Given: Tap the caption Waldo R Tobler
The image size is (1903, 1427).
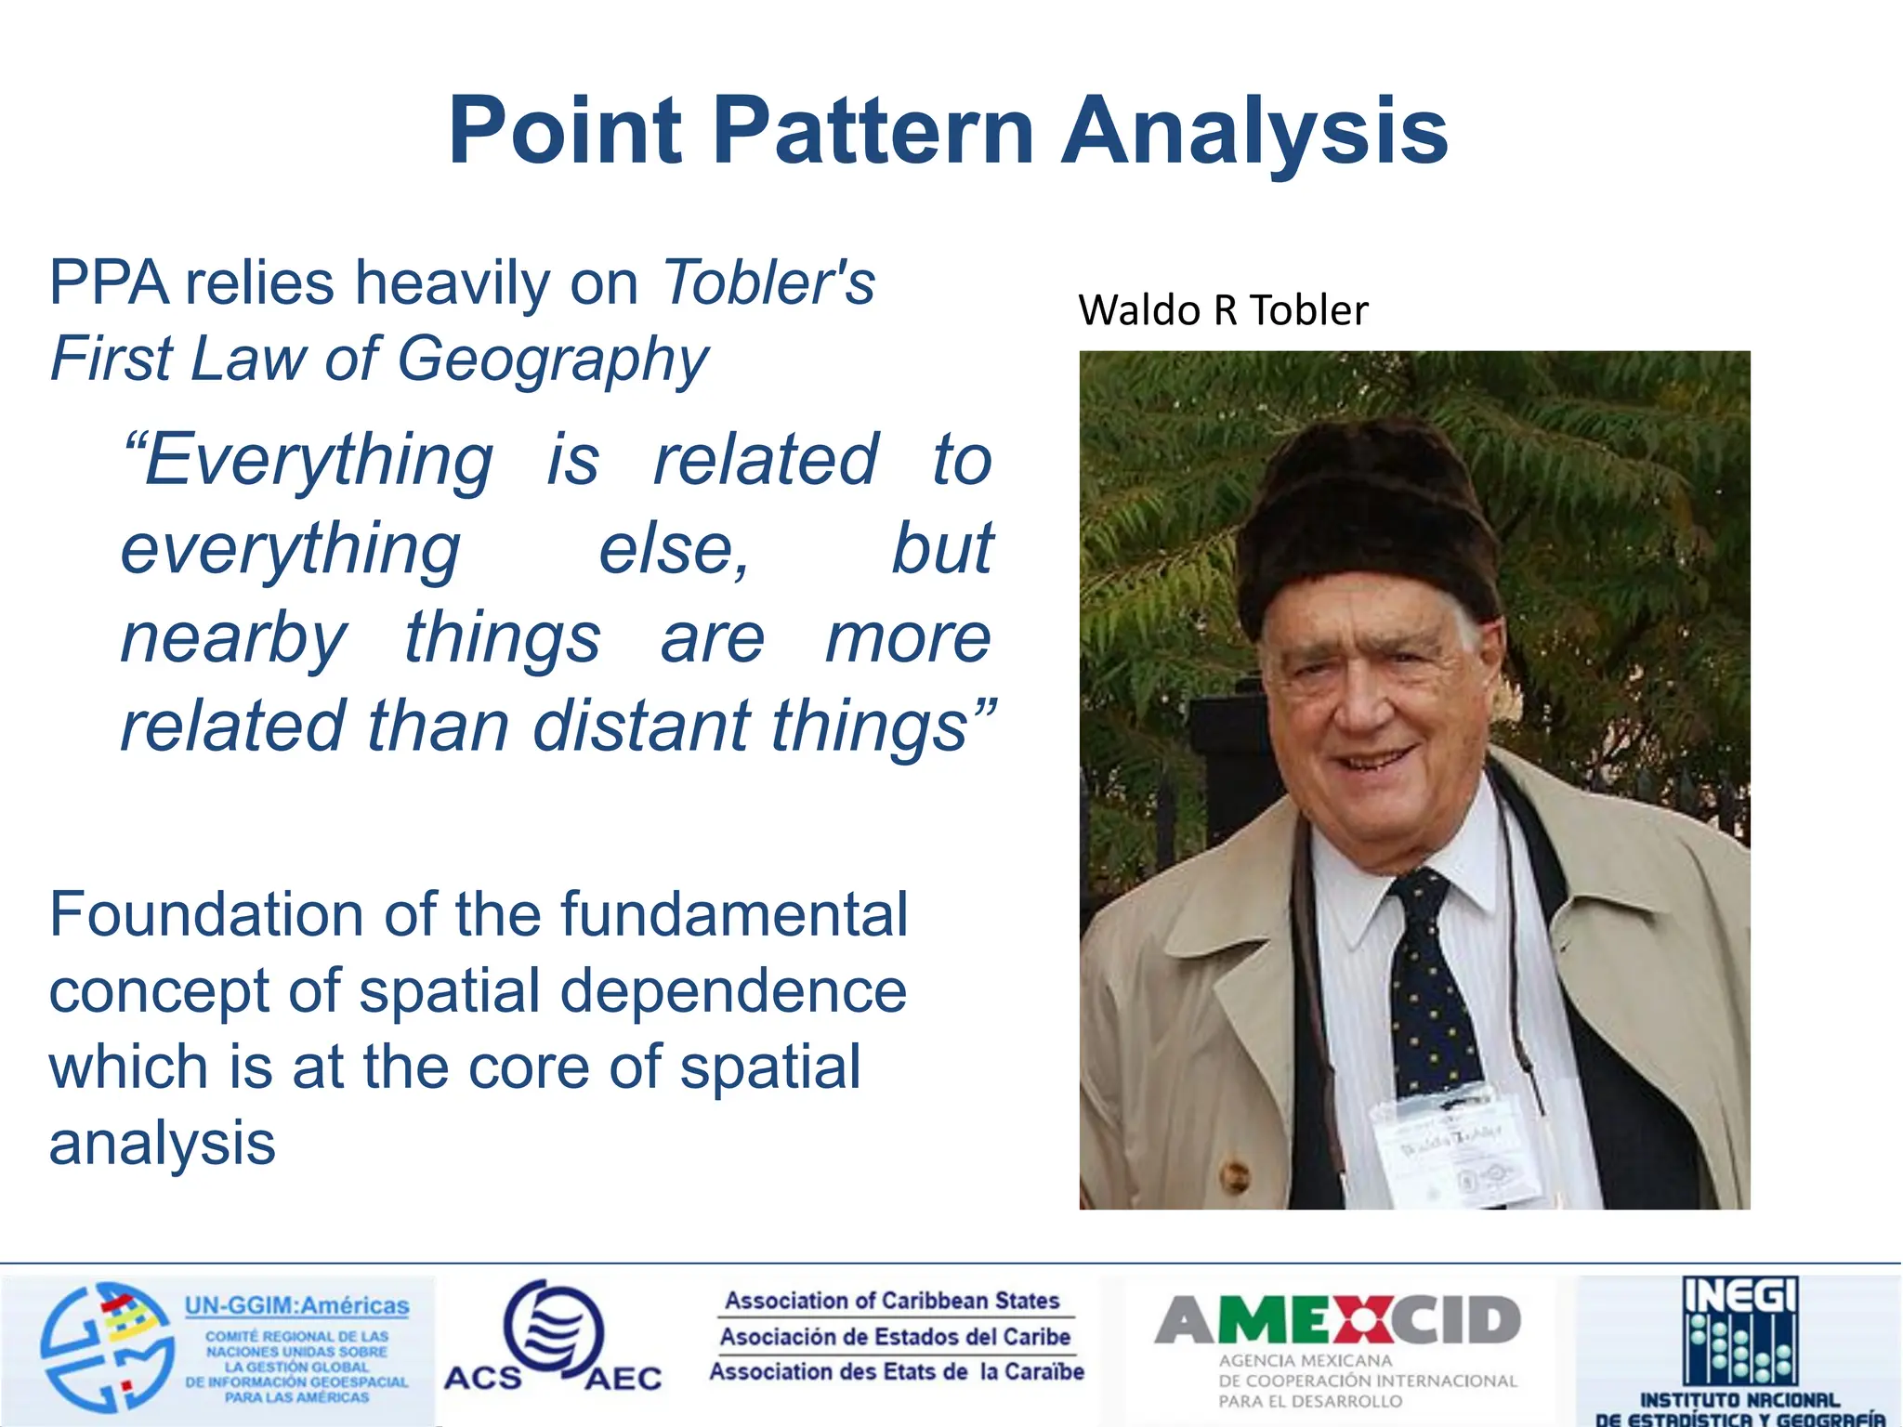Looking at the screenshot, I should point(1223,310).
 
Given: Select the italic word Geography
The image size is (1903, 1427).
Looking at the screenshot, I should point(554,360).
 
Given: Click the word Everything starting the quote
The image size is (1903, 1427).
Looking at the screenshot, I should point(310,460).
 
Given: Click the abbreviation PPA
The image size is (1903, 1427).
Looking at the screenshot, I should point(109,282).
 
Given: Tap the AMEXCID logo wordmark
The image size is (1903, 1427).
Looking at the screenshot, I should point(1337,1320).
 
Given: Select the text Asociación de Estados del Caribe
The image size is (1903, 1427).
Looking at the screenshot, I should point(895,1337).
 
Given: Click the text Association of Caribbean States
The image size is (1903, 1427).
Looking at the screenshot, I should point(892,1301).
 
